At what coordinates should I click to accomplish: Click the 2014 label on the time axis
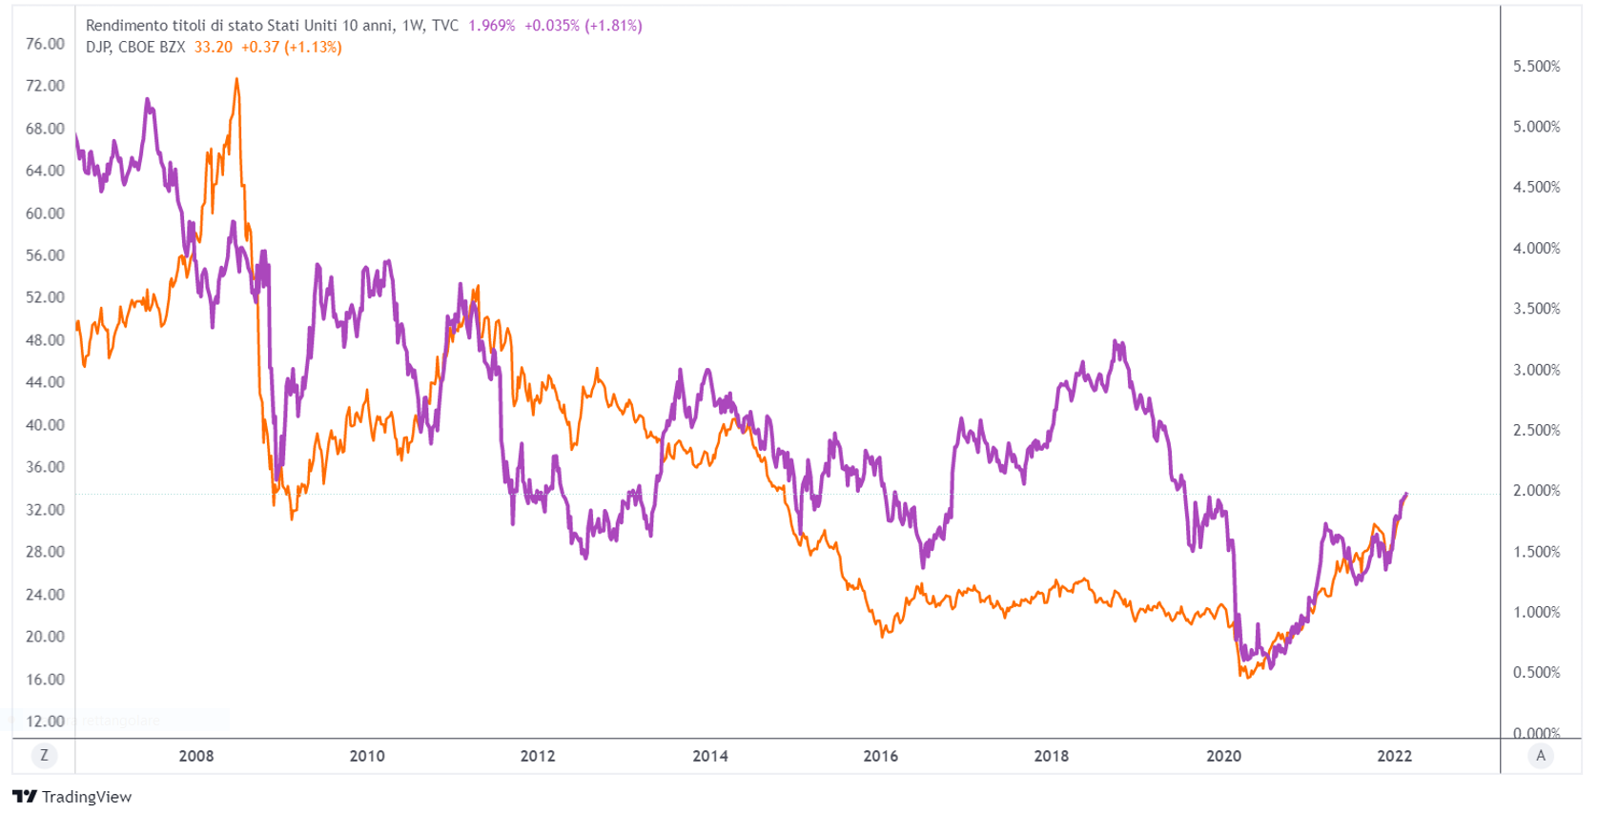click(x=709, y=756)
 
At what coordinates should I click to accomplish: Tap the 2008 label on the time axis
click(x=196, y=756)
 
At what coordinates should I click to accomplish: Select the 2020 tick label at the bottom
click(x=1223, y=756)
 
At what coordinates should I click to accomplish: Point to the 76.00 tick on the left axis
click(x=45, y=44)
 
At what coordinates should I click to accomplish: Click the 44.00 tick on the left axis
click(x=45, y=382)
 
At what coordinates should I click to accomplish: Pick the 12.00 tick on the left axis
click(x=45, y=722)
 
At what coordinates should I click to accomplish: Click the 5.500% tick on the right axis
click(x=1536, y=67)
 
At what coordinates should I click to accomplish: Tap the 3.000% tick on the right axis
click(x=1536, y=370)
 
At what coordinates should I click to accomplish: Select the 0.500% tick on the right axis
click(x=1536, y=673)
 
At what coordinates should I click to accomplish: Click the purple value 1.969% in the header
click(x=491, y=26)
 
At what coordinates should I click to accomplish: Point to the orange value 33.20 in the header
click(x=214, y=48)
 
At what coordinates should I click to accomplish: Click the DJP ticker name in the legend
click(x=97, y=48)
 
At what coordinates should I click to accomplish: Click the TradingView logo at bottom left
click(x=72, y=797)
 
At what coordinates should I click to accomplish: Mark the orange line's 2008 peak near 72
click(x=236, y=80)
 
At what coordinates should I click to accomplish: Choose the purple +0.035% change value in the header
click(x=551, y=26)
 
